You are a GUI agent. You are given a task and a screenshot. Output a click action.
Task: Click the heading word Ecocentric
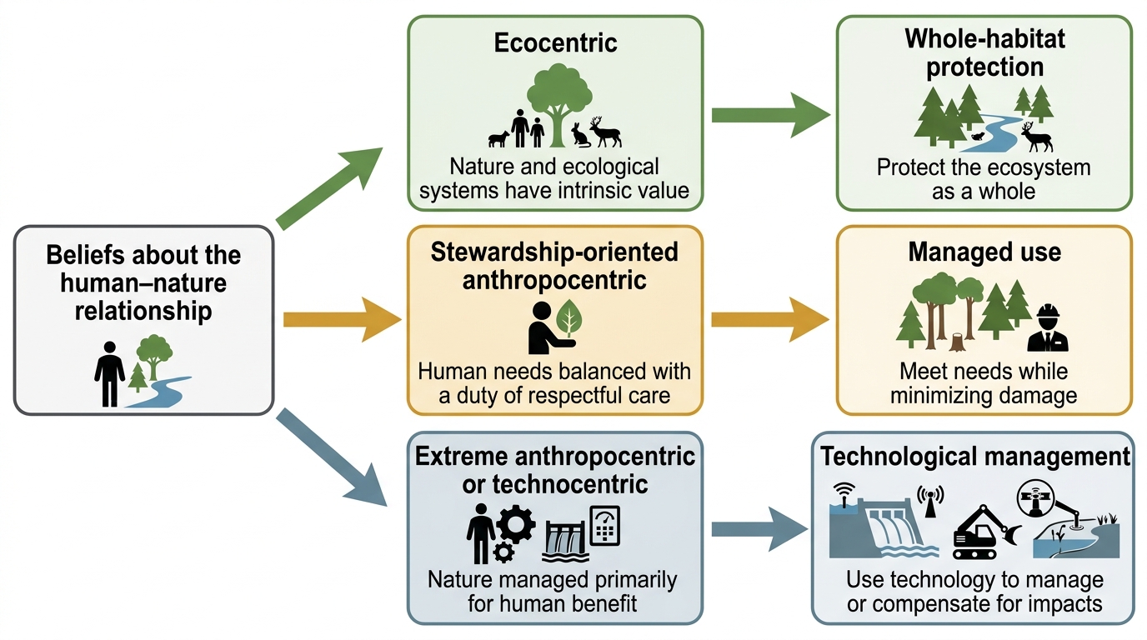[555, 42]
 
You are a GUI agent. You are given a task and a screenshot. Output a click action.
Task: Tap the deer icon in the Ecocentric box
[605, 132]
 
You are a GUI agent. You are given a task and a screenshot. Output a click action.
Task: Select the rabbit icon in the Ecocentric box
[580, 135]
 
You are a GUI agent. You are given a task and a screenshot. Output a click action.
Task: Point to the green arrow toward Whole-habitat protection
[770, 115]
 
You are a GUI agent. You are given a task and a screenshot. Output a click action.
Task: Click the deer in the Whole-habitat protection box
[1036, 137]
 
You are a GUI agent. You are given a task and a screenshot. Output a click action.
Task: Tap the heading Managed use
[984, 252]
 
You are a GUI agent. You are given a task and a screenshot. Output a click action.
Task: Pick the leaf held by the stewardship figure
[568, 318]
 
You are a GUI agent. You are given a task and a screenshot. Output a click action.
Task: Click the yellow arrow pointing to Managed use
[770, 319]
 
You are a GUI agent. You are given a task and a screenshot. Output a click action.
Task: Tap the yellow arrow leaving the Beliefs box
[342, 319]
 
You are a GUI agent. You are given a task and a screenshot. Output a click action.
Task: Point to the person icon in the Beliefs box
[109, 374]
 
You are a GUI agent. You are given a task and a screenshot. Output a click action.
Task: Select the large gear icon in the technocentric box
[515, 524]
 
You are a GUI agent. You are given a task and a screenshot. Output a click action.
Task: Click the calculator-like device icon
[604, 526]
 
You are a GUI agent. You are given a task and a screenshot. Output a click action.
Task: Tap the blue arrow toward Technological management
[759, 529]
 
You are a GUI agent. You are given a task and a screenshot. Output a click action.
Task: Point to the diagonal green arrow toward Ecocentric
[329, 187]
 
